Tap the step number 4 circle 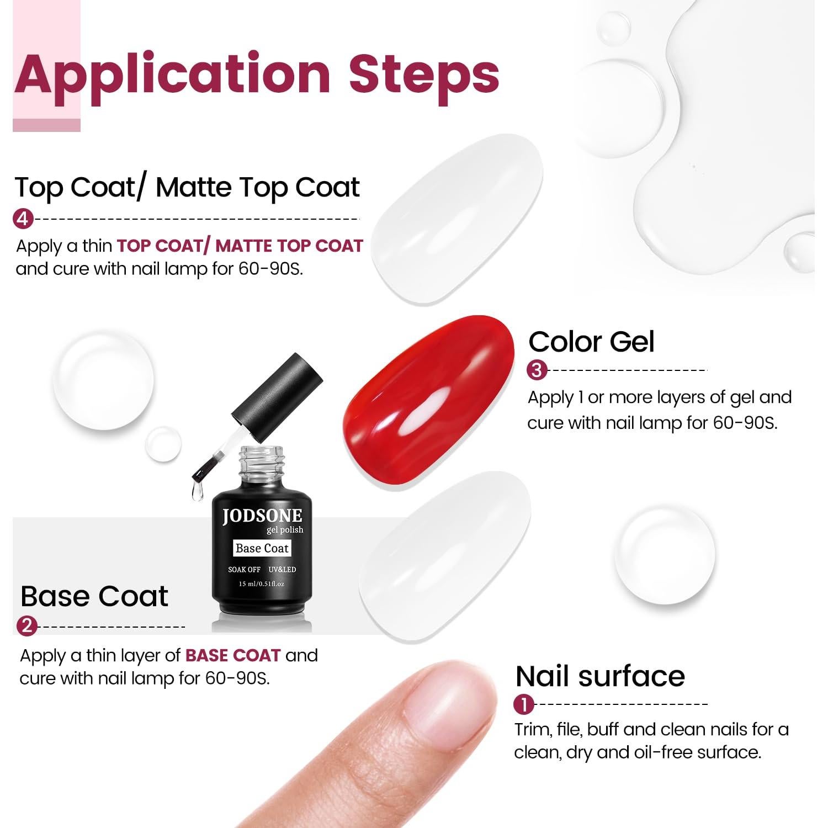[x=23, y=219]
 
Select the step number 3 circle [x=537, y=370]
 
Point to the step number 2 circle [x=27, y=627]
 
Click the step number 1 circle [x=524, y=704]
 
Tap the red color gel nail [x=429, y=397]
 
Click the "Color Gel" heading [x=591, y=342]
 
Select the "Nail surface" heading [x=600, y=676]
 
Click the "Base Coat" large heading [x=94, y=596]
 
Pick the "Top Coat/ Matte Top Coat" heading [x=187, y=187]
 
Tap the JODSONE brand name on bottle [x=262, y=516]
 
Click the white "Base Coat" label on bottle [x=262, y=548]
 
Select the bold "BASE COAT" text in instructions [x=233, y=655]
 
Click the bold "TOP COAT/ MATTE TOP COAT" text [x=240, y=246]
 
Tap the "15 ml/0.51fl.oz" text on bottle [x=262, y=583]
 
